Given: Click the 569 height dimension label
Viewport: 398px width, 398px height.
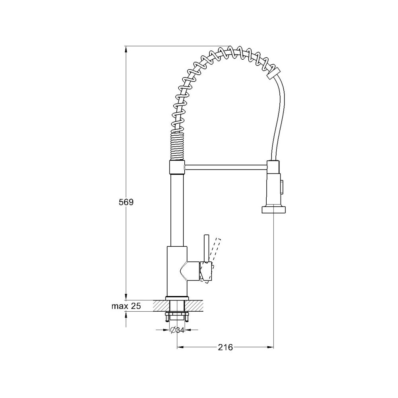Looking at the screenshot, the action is tap(126, 202).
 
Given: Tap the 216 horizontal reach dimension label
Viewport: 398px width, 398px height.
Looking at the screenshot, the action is tap(225, 347).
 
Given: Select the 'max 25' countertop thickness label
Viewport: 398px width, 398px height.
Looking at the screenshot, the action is tap(126, 306).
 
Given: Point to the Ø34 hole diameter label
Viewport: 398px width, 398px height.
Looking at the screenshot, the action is tap(177, 330).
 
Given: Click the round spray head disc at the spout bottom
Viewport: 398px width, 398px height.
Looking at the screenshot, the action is tap(274, 210).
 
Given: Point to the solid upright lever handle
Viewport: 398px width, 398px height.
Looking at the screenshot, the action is tap(207, 248).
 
